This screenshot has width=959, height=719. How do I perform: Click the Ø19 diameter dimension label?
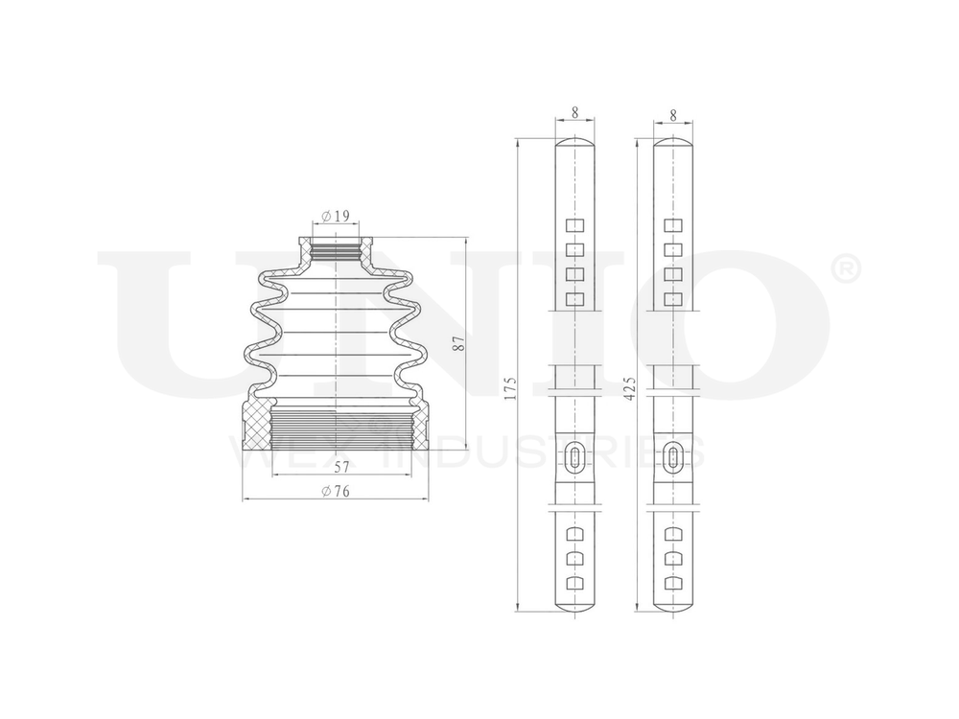coord(335,217)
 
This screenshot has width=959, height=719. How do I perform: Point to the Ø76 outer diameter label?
coord(336,491)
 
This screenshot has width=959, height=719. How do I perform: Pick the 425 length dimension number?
coord(630,386)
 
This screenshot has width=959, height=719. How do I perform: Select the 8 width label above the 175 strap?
coord(574,112)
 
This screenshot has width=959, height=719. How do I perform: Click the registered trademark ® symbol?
coord(848,270)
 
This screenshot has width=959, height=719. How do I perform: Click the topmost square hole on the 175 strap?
coord(574,226)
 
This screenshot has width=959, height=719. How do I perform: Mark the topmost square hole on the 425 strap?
coord(673,226)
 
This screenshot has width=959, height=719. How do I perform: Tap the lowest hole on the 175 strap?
coord(574,583)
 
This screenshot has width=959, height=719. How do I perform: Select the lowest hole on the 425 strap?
coord(673,583)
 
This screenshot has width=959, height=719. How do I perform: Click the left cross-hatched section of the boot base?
coord(256,428)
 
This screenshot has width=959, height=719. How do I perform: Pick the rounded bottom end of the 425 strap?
coord(673,606)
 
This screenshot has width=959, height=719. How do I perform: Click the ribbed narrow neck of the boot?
coord(335,251)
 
